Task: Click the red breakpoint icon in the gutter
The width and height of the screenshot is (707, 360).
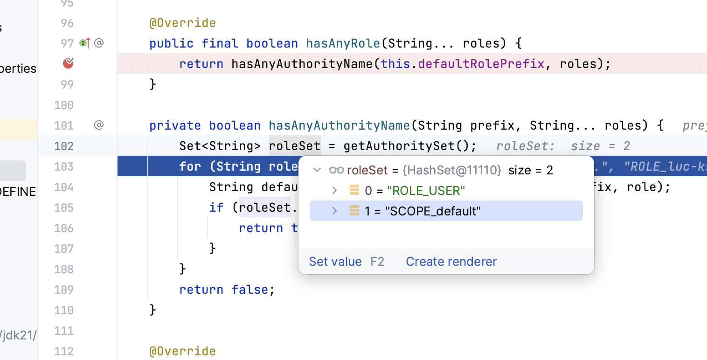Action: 69,63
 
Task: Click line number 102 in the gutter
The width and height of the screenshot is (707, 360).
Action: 64,146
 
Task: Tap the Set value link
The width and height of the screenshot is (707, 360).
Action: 335,262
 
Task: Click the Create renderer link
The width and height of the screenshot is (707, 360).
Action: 451,262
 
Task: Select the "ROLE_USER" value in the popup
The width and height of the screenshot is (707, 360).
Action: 426,191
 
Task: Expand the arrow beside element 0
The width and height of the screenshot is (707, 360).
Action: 334,190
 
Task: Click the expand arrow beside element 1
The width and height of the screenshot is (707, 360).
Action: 334,211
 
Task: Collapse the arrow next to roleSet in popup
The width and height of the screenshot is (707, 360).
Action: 317,170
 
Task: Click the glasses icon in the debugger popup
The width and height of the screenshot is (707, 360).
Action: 336,170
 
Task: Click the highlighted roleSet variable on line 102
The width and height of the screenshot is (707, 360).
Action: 294,146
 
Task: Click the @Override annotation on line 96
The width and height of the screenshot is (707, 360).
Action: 182,23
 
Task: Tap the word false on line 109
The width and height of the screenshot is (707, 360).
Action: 250,290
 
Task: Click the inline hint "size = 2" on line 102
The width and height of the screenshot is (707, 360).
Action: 600,146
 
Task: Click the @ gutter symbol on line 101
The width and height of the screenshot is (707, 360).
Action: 99,125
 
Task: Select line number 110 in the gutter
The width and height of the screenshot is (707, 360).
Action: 64,310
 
